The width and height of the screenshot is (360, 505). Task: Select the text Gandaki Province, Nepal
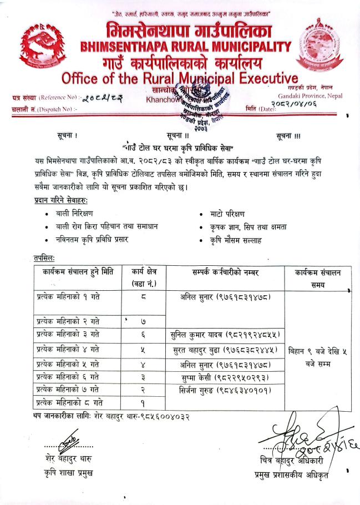[x=307, y=95]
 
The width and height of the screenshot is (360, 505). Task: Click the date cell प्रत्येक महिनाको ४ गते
[x=68, y=350]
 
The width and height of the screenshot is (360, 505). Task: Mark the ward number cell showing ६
[x=143, y=335]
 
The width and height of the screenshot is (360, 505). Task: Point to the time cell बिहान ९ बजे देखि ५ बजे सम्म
[x=318, y=356]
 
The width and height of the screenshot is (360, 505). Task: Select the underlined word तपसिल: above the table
[x=44, y=258]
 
